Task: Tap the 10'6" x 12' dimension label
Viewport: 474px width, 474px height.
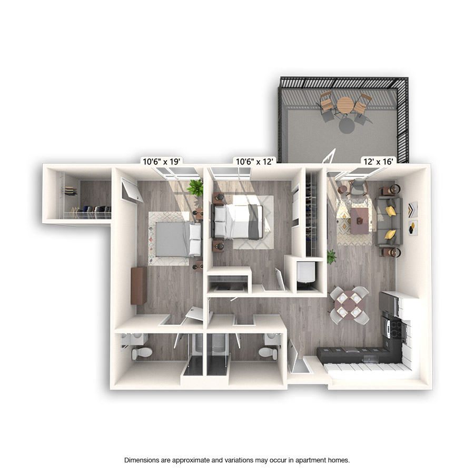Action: (x=254, y=162)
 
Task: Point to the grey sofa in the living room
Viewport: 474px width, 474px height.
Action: (x=390, y=222)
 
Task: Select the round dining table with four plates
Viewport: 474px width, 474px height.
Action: (x=349, y=304)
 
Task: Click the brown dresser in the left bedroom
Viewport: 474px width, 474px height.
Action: (x=139, y=285)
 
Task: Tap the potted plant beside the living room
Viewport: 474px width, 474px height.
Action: (x=331, y=256)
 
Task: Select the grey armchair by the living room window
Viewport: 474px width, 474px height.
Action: (x=358, y=185)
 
